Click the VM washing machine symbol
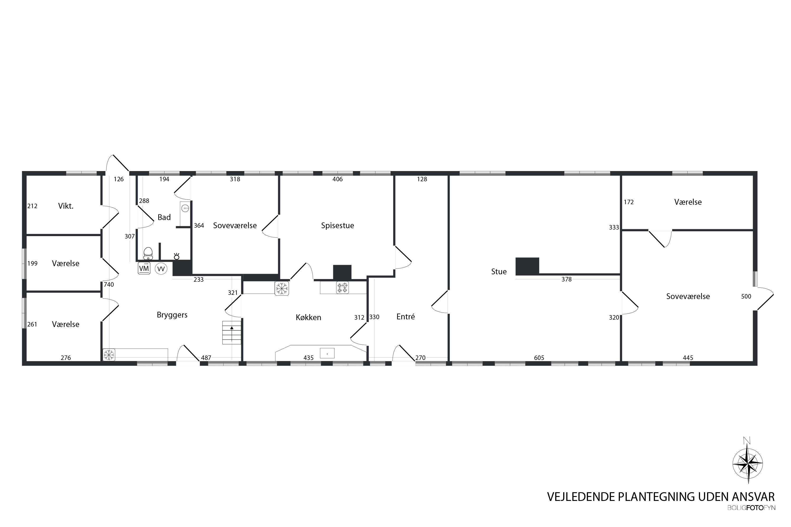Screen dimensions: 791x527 pos(144,269)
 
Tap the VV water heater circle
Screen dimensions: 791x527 pos(161,269)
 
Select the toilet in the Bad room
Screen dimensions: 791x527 pos(148,254)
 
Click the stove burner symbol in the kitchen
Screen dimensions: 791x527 pos(342,288)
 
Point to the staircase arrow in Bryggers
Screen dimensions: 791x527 pos(232,334)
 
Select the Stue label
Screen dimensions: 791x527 pos(499,272)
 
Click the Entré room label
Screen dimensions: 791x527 pos(406,317)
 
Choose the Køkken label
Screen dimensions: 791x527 pos(308,317)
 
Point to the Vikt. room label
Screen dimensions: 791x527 pos(66,206)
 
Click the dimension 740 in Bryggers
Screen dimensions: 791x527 pos(109,285)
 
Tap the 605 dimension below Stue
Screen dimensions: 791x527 pos(539,358)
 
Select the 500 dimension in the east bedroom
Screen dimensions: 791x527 pos(746,296)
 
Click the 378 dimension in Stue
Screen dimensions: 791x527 pos(567,279)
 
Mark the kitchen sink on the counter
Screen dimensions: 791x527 pos(327,353)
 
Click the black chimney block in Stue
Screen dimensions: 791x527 pos(527,266)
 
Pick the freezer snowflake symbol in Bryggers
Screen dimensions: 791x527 pos(109,355)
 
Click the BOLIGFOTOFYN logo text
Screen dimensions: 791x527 pos(751,508)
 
